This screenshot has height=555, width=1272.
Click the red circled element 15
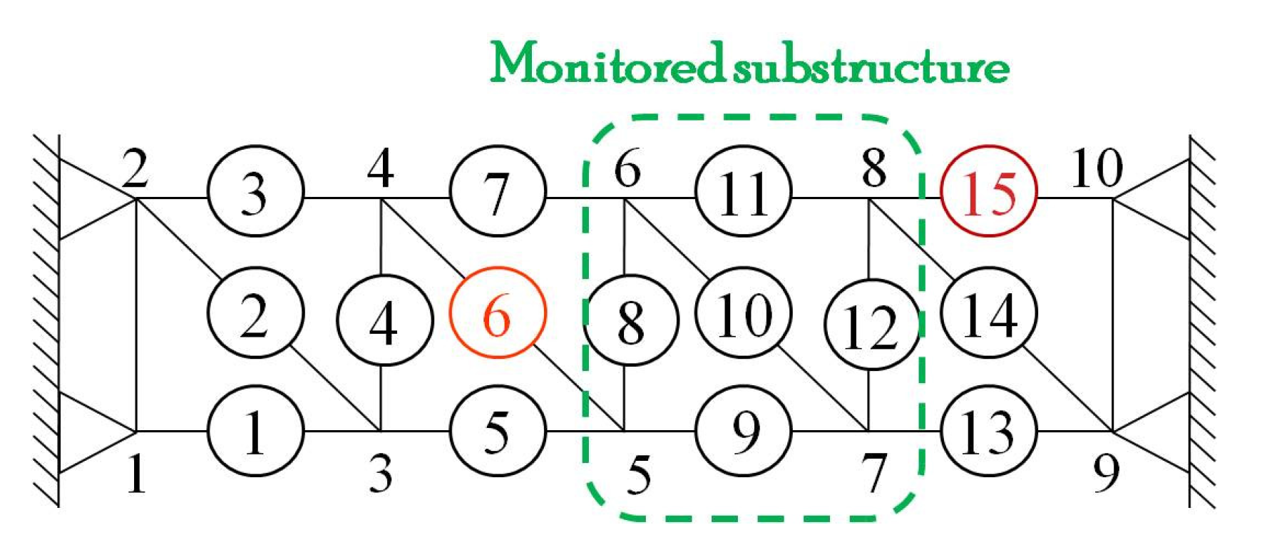(x=988, y=192)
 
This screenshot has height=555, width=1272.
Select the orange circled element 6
(x=497, y=313)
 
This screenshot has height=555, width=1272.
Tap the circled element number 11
(x=743, y=192)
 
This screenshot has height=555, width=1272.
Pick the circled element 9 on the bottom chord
(x=743, y=431)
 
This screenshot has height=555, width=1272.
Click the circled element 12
(x=871, y=325)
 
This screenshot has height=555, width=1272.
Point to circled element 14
(x=988, y=313)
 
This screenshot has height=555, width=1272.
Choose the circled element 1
(x=255, y=431)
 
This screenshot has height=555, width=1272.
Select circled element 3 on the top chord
(x=255, y=192)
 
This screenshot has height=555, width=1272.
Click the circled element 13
(x=988, y=431)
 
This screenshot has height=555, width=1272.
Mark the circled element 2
(x=255, y=313)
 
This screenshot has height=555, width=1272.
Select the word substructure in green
(x=871, y=66)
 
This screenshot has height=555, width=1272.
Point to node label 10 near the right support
(x=1097, y=169)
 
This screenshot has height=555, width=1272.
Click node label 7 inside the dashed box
(x=875, y=473)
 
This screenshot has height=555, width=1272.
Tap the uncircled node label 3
(x=381, y=473)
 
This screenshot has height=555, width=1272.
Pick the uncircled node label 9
(x=1106, y=473)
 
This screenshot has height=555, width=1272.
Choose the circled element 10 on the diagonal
(x=743, y=313)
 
